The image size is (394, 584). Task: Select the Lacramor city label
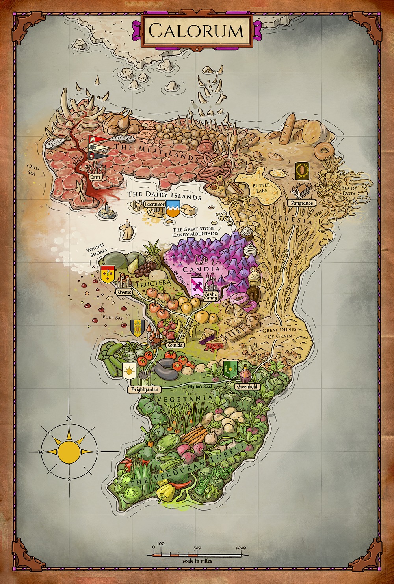coord(154,205)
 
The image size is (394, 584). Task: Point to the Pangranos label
coord(302,203)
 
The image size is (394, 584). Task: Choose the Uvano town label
coord(121,292)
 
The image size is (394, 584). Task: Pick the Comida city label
coord(175,345)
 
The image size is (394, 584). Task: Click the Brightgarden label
coord(145,390)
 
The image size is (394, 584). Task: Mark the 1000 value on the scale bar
coord(241,548)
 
